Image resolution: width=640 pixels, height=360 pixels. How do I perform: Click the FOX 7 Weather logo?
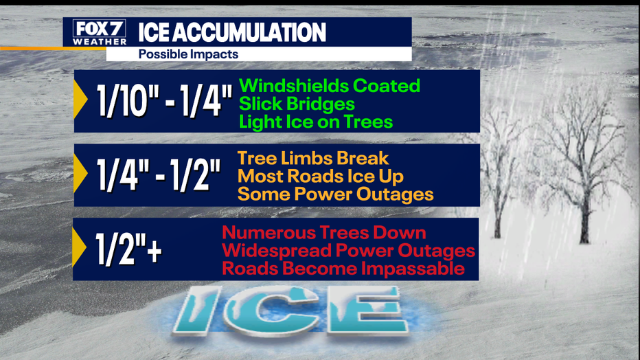(x=99, y=33)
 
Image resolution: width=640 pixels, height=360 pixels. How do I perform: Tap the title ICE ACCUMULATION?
(x=232, y=32)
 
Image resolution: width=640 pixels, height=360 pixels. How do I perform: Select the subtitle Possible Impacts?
(x=188, y=54)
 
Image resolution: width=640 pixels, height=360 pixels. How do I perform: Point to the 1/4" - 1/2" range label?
(x=159, y=175)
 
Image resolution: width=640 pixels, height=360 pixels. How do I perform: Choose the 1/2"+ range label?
(x=128, y=249)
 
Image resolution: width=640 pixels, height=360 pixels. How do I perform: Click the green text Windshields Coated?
(x=330, y=86)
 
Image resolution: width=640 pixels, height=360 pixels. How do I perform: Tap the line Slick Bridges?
(x=297, y=104)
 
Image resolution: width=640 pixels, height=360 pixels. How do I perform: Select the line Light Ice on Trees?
(x=316, y=122)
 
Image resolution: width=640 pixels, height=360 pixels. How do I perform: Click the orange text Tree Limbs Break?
(x=313, y=159)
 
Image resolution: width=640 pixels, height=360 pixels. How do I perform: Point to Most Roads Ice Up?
(x=321, y=177)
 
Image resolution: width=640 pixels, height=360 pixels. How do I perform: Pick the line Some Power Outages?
(x=336, y=194)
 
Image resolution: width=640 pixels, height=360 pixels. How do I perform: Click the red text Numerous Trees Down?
(x=324, y=233)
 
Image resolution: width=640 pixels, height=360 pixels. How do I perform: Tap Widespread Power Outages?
(x=349, y=251)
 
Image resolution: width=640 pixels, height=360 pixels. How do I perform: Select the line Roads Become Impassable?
(x=343, y=269)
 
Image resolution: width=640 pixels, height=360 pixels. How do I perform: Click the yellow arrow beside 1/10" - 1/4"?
(x=80, y=99)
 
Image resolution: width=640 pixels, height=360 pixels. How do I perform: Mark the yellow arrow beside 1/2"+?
(x=79, y=247)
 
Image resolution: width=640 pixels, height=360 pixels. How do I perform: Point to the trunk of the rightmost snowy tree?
(x=585, y=221)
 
